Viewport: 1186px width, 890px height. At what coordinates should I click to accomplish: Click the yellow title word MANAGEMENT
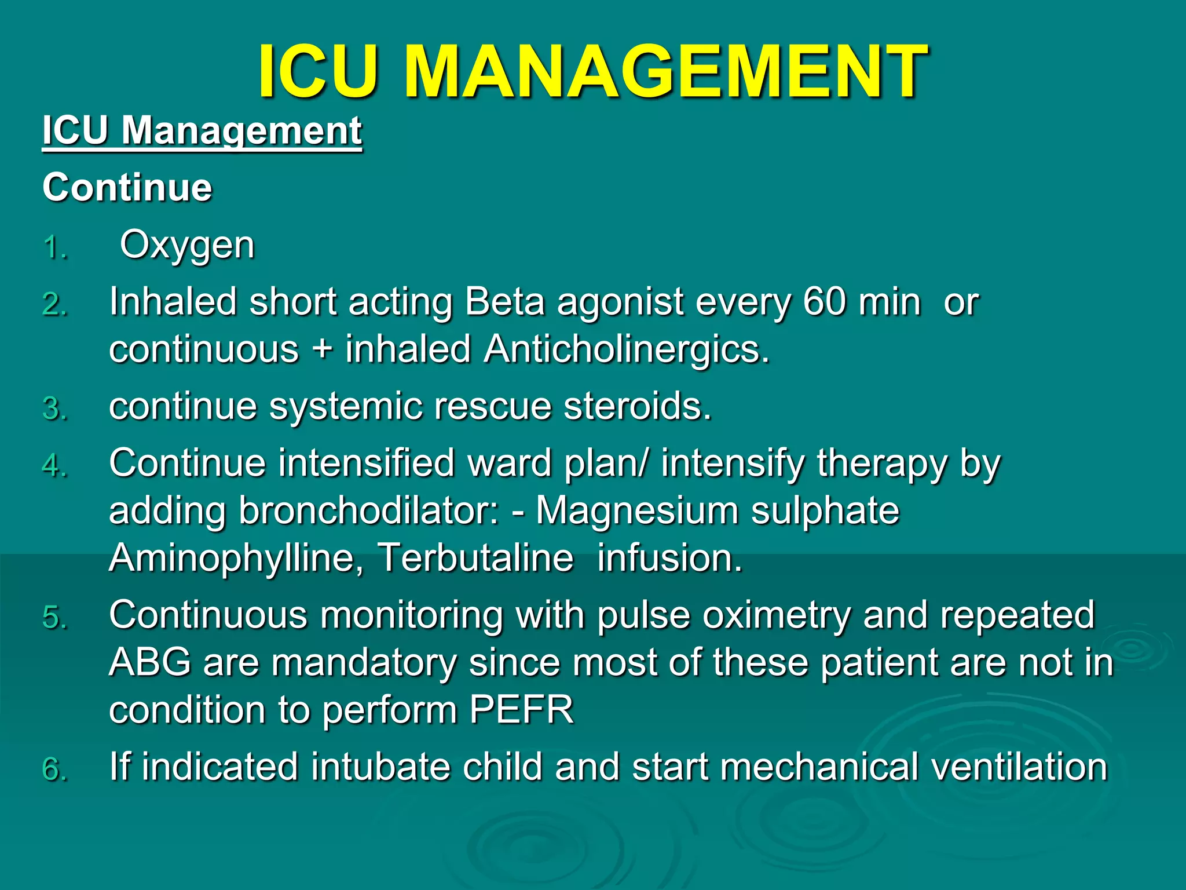[x=666, y=71]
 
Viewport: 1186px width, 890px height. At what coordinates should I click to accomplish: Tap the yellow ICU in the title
[x=318, y=71]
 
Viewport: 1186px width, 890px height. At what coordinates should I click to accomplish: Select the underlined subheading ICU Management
[x=202, y=130]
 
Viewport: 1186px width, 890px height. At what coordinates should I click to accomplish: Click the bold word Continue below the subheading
[x=127, y=187]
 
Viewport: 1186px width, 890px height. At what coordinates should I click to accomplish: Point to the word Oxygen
[x=187, y=245]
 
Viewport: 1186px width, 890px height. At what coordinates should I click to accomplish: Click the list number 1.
[x=55, y=248]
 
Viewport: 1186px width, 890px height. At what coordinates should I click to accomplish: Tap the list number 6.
[x=55, y=769]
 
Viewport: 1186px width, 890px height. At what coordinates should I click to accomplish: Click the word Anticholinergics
[x=627, y=349]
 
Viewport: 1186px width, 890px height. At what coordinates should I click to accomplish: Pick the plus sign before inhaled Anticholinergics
[x=322, y=351]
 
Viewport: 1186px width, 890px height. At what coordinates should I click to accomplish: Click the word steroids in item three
[x=638, y=406]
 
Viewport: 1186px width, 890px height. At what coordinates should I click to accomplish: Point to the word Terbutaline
[x=475, y=558]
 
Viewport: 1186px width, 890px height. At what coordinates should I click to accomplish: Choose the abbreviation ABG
[x=150, y=662]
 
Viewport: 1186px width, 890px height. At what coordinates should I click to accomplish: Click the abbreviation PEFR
[x=521, y=710]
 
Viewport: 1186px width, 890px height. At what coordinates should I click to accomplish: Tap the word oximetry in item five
[x=777, y=615]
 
